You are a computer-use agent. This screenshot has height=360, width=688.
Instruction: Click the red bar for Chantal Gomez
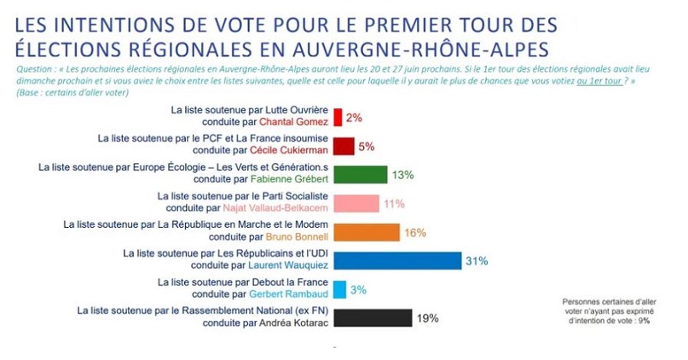338,117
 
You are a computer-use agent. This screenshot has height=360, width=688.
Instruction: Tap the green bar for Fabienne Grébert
360,175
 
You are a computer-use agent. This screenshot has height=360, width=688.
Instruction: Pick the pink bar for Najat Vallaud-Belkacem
356,204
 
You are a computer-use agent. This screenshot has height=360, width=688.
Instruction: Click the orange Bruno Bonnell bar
366,232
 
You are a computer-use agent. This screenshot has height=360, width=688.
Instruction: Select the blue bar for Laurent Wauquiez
396,261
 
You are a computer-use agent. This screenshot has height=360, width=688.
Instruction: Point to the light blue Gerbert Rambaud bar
339,290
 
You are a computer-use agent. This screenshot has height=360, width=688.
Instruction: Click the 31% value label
476,261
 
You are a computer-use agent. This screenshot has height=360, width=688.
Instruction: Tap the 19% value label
428,318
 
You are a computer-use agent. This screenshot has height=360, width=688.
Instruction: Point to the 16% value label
414,232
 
